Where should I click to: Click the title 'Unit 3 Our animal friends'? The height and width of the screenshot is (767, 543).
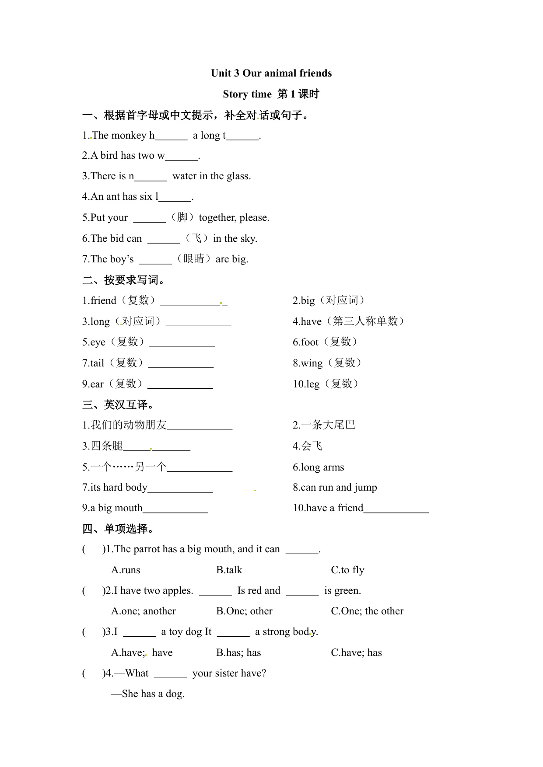pyautogui.click(x=271, y=73)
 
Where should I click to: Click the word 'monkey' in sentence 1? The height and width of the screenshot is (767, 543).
pyautogui.click(x=129, y=136)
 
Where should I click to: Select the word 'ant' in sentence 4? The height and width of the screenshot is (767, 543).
pyautogui.click(x=113, y=197)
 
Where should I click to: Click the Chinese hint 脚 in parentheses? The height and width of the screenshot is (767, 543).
pyautogui.click(x=182, y=217)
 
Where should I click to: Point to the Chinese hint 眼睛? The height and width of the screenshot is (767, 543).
pyautogui.click(x=194, y=259)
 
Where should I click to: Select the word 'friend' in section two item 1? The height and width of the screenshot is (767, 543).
pyautogui.click(x=103, y=301)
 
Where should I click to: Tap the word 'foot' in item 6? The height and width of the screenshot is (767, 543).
pyautogui.click(x=310, y=342)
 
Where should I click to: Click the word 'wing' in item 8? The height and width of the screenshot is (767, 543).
pyautogui.click(x=312, y=363)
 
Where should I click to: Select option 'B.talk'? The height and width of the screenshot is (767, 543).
pyautogui.click(x=229, y=570)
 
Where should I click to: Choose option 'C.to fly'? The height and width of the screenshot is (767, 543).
pyautogui.click(x=347, y=570)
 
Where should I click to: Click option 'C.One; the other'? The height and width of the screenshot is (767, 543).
pyautogui.click(x=367, y=611)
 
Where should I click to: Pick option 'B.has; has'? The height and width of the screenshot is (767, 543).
pyautogui.click(x=238, y=652)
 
